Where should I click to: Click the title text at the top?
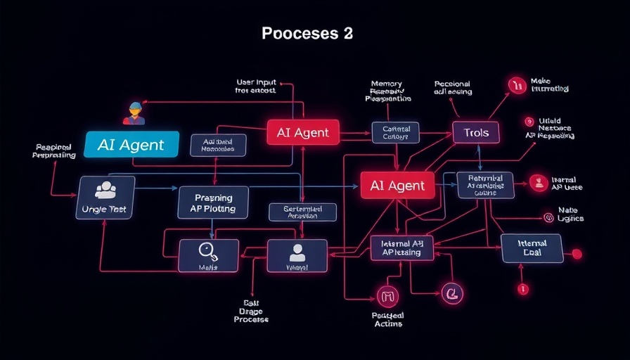coord(307,33)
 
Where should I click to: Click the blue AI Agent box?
coord(131,145)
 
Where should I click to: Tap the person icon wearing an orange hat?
coord(133,113)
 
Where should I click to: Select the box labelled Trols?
coord(475,131)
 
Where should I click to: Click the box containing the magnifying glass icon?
coord(208,255)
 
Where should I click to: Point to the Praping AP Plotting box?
coord(213,203)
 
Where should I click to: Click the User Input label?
coord(257,86)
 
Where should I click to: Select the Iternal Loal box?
coord(532,248)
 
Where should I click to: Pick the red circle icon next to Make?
coord(517,86)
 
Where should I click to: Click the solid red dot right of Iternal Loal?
coord(577,253)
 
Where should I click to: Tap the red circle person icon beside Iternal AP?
coord(538,183)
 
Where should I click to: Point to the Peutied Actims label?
coord(387,319)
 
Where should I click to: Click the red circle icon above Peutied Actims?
coord(387,296)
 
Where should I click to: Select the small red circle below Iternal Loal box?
coord(522,288)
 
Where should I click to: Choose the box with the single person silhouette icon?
coord(297,254)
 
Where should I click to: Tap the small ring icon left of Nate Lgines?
coord(548,217)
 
